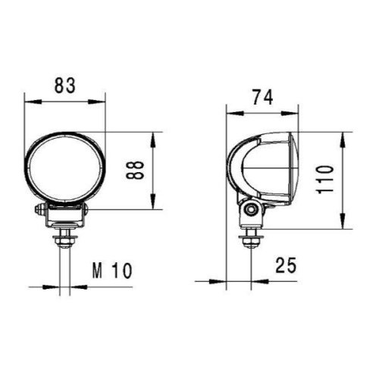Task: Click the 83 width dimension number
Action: click(65, 86)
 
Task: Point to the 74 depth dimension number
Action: click(262, 97)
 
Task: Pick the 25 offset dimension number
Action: click(286, 265)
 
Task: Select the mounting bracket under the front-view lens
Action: click(64, 217)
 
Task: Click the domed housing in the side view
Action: click(262, 171)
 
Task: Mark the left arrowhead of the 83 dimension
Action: click(29, 100)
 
